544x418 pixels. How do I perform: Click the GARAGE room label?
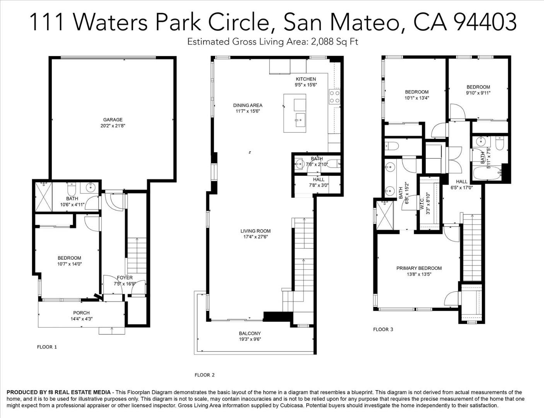tap(113, 120)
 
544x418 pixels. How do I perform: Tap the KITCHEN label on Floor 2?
tap(306, 79)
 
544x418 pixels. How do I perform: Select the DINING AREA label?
tap(247, 105)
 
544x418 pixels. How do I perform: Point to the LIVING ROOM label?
tap(255, 231)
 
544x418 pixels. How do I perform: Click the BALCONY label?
tap(249, 333)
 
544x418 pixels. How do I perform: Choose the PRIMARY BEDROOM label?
tap(419, 268)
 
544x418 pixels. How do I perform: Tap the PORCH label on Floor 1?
tap(81, 313)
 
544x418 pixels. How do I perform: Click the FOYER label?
tap(124, 278)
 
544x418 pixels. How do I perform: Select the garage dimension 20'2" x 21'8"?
tap(113, 125)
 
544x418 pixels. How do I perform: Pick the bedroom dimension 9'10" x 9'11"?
tap(478, 93)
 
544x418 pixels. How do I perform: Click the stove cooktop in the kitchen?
tap(334, 97)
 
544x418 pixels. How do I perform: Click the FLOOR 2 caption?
tap(204, 375)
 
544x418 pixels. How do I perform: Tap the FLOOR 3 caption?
tap(383, 329)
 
